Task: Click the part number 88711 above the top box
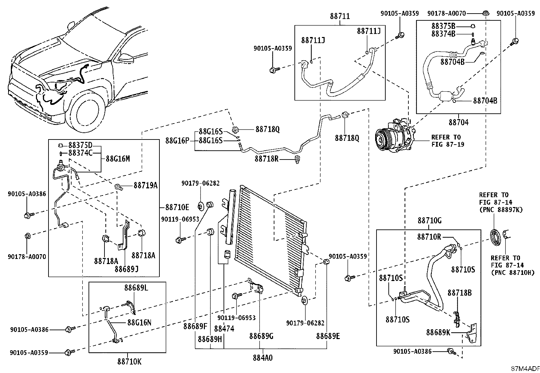click(340, 16)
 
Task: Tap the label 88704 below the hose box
click(459, 122)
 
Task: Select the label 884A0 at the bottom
click(263, 358)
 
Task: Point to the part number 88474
click(224, 329)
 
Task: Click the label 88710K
click(130, 362)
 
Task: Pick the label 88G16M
click(118, 159)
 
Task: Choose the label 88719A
click(146, 185)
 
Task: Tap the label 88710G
click(429, 221)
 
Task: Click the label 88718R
click(267, 159)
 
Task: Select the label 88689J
click(127, 269)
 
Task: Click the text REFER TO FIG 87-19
click(448, 141)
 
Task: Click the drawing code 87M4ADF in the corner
click(525, 369)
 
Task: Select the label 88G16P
click(177, 141)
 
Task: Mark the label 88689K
click(438, 333)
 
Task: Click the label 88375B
click(443, 26)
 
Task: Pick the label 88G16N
click(139, 322)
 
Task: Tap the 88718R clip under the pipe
click(297, 160)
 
